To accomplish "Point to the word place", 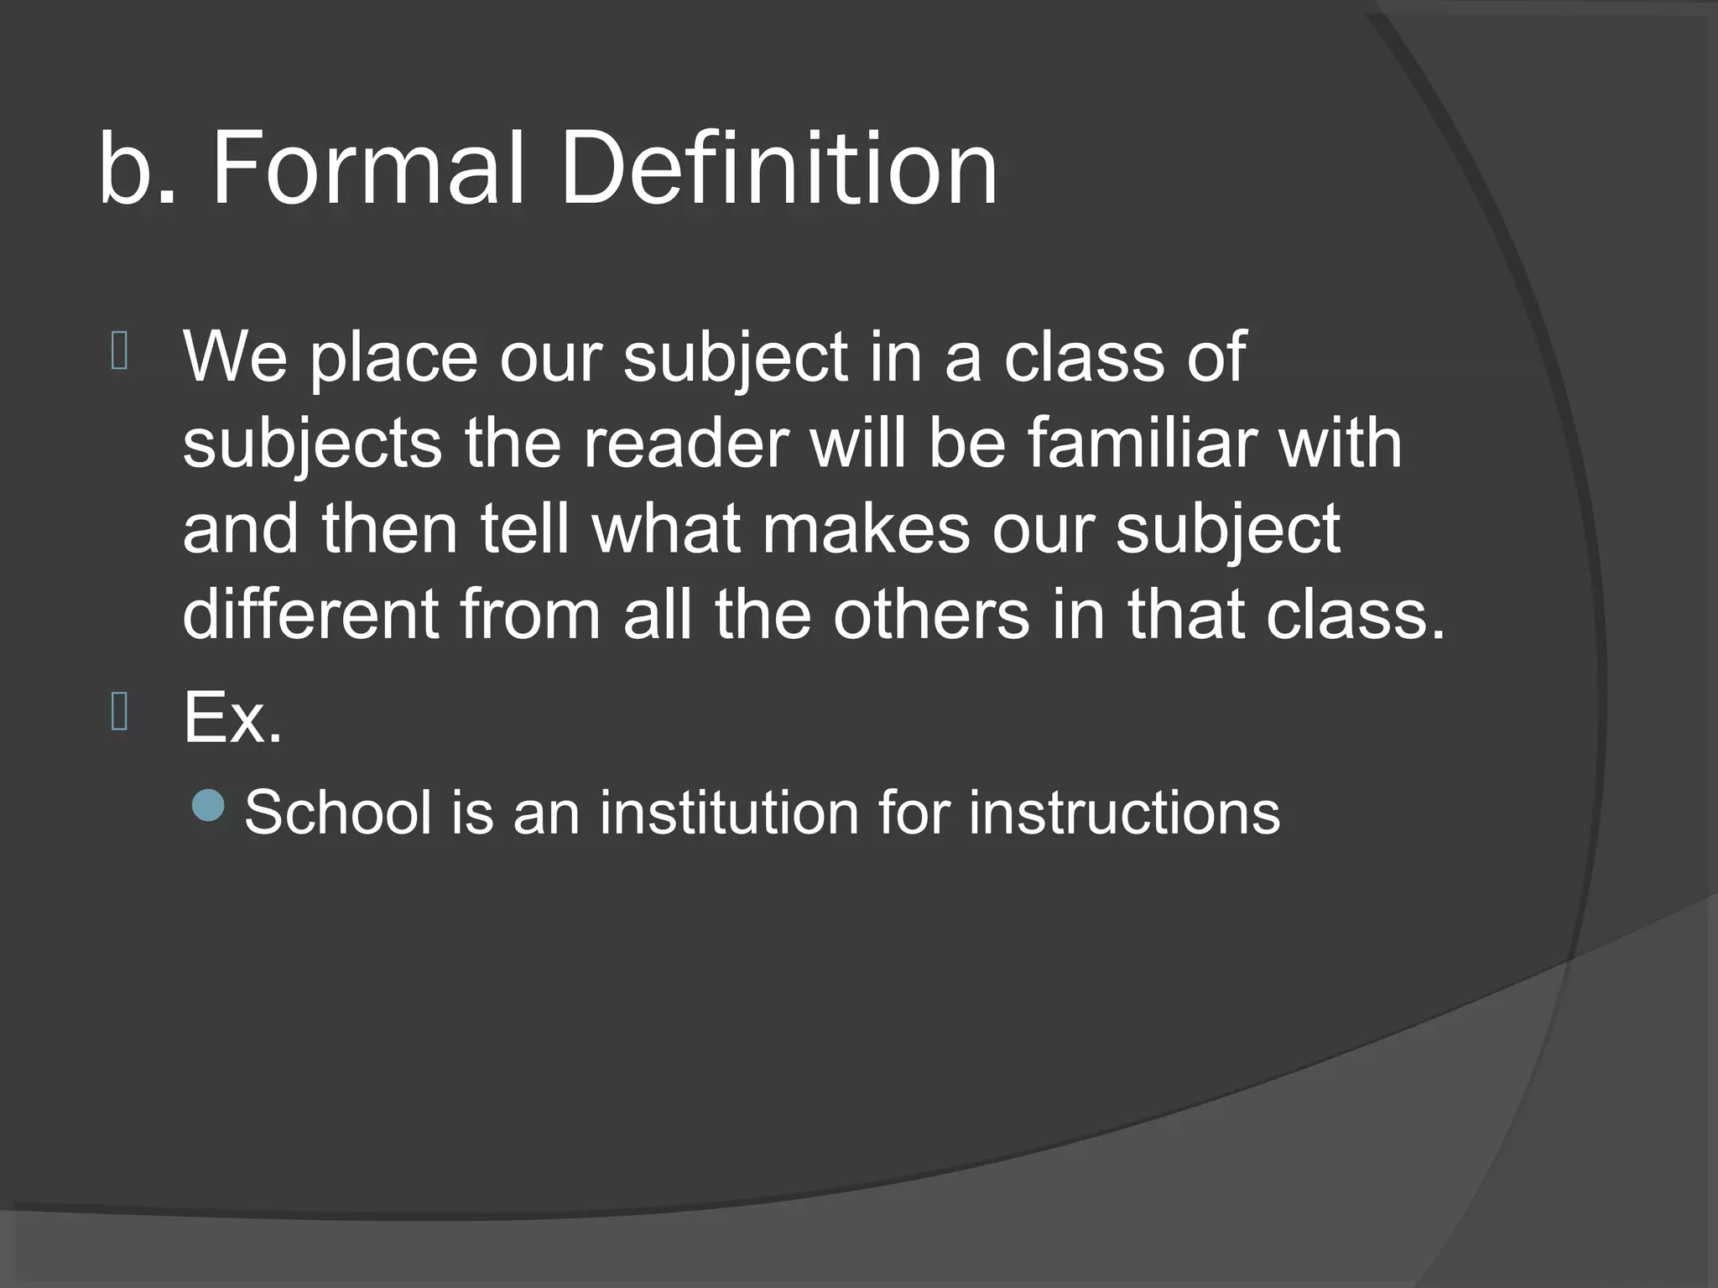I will pos(393,359).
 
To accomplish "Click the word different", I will pos(310,614).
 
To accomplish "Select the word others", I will pos(930,614).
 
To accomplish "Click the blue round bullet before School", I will pos(208,806).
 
